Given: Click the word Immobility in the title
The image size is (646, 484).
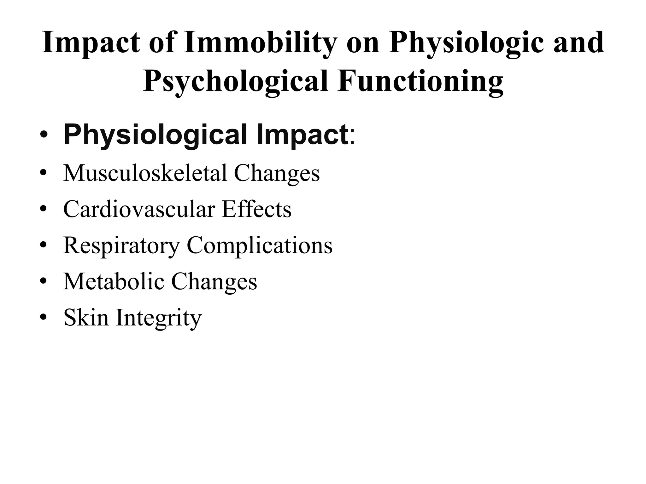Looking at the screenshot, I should pyautogui.click(x=260, y=43).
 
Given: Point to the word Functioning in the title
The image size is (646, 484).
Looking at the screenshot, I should pyautogui.click(x=420, y=81).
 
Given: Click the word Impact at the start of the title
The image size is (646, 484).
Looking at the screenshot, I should pyautogui.click(x=91, y=43).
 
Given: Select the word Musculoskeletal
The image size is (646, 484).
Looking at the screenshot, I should pyautogui.click(x=145, y=173).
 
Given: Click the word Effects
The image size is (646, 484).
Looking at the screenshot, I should pyautogui.click(x=256, y=209).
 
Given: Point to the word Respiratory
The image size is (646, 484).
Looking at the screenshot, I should pyautogui.click(x=121, y=245).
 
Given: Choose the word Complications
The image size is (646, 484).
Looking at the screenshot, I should pyautogui.click(x=260, y=245).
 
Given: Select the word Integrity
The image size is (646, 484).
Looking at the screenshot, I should pyautogui.click(x=159, y=318).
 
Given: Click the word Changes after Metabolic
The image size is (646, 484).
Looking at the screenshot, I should pyautogui.click(x=214, y=281).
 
